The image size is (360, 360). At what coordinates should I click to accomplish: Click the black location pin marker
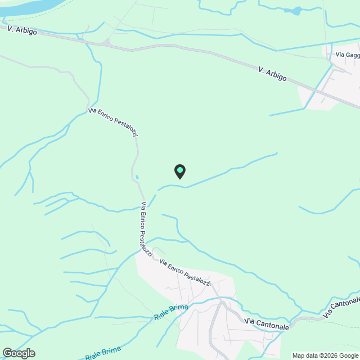(180, 172)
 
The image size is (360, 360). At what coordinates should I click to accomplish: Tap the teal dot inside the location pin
(180, 169)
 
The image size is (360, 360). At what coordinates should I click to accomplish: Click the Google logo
(18, 353)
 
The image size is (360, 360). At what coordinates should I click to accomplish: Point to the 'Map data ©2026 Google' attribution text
(325, 355)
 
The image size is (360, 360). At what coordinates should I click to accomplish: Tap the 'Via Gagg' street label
(347, 55)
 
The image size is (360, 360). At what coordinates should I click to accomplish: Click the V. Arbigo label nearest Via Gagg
(272, 73)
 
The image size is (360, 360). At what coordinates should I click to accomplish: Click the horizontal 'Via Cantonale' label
(267, 324)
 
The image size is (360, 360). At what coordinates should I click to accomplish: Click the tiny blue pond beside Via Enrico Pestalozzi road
(137, 177)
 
